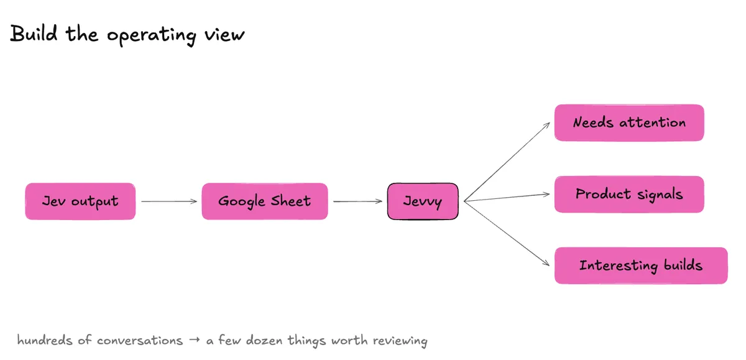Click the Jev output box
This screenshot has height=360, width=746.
coord(80,201)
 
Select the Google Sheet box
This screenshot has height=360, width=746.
coord(265,201)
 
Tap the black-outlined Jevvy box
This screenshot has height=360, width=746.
coord(423,201)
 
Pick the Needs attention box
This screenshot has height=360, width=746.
coord(629,122)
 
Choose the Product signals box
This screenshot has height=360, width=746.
coord(629,194)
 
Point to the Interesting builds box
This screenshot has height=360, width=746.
coord(641,265)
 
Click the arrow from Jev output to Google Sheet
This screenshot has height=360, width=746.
coord(169,201)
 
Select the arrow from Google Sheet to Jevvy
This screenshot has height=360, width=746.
coord(357,201)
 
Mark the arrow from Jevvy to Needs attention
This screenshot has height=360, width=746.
coord(507,162)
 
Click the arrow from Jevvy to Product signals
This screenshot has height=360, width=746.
coord(507,198)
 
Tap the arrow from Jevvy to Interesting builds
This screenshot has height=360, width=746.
coord(507,233)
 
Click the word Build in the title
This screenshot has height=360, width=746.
coord(34,34)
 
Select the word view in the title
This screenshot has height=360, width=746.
coord(224,35)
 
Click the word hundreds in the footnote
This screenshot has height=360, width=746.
coord(45,340)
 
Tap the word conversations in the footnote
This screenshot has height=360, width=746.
coord(140,341)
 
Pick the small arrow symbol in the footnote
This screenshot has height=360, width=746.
coord(195,339)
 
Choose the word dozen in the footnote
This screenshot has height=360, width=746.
coord(264,340)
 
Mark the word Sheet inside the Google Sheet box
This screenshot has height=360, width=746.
coord(291,201)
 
